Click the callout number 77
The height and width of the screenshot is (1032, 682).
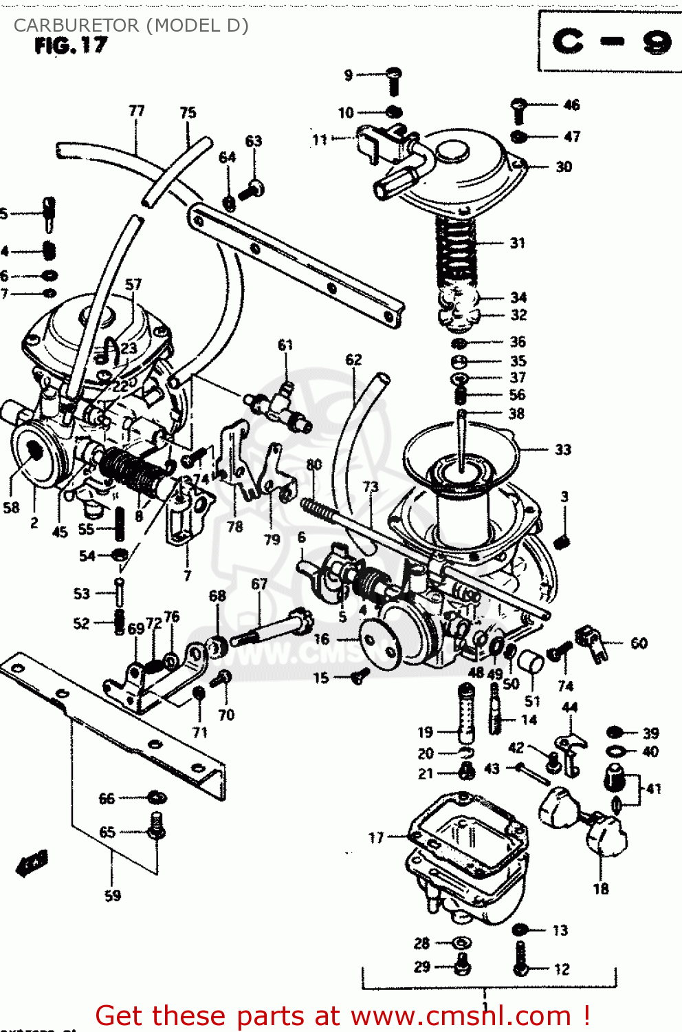[x=137, y=111]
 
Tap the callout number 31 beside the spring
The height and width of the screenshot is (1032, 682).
[x=518, y=243]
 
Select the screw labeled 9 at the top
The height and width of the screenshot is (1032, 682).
[x=394, y=80]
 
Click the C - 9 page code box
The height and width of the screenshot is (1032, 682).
[x=610, y=42]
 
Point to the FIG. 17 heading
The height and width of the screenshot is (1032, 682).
[x=71, y=46]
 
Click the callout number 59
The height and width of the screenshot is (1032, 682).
[x=113, y=896]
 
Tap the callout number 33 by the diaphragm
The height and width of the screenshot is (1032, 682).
[x=563, y=449]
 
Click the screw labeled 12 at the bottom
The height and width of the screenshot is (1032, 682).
[x=520, y=960]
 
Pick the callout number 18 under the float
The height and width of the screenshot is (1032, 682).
[x=601, y=889]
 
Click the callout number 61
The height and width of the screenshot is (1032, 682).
[x=285, y=345]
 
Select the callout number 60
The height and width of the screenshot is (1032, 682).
[x=639, y=643]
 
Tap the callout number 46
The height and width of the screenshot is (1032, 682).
[x=571, y=105]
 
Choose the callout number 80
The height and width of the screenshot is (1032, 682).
[x=314, y=464]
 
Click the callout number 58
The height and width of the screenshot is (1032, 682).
[x=12, y=508]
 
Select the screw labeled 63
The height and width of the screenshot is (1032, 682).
[x=252, y=189]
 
